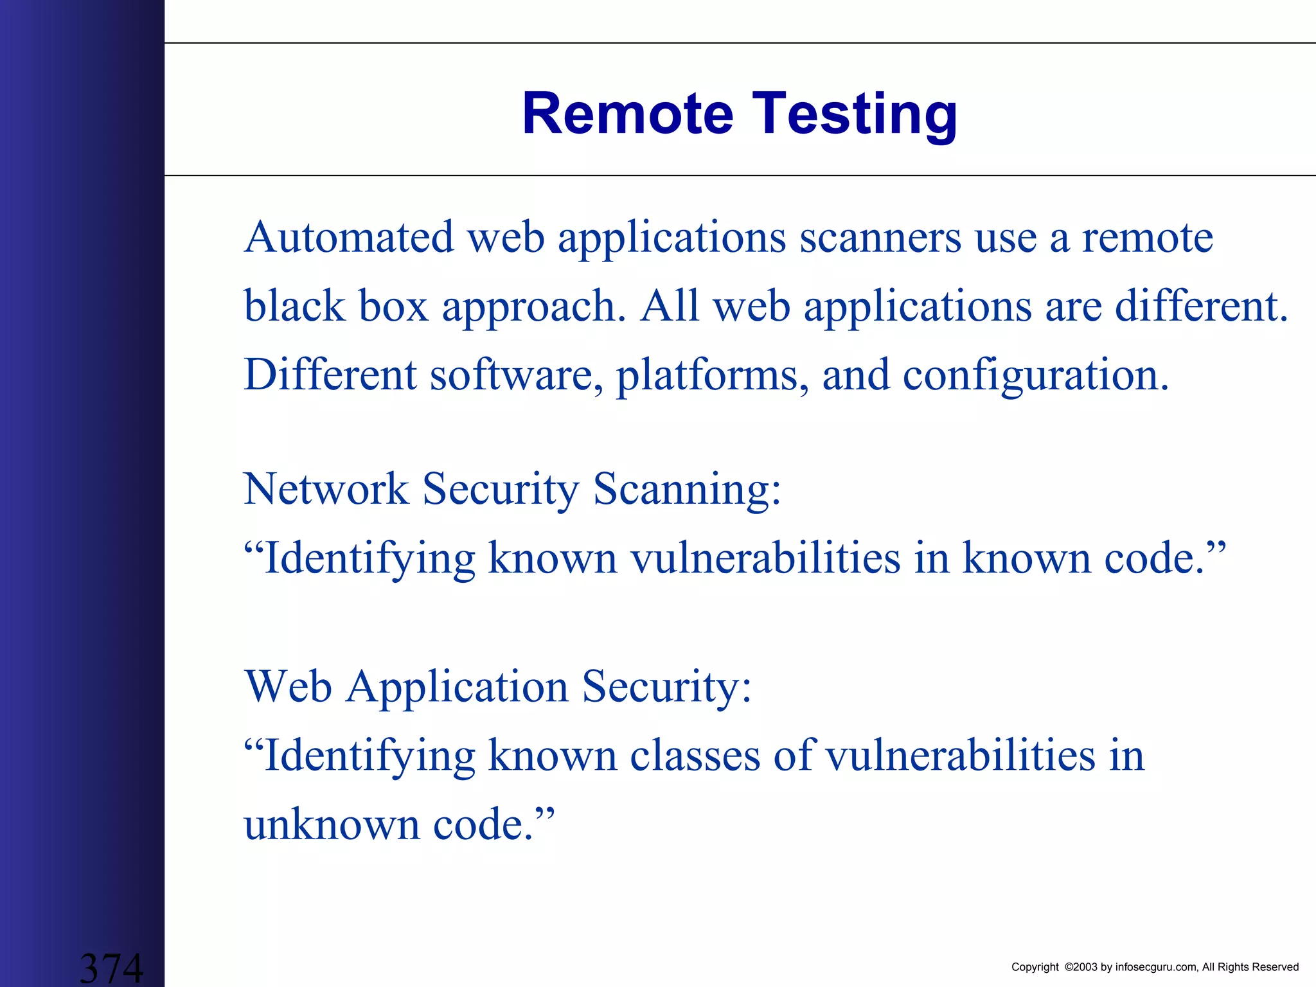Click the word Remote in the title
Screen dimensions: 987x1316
(627, 114)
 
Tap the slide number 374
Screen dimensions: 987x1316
(111, 968)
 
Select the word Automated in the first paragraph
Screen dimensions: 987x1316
(348, 237)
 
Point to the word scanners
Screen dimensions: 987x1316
(880, 238)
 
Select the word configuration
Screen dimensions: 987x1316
(1035, 376)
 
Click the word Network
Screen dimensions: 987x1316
(326, 489)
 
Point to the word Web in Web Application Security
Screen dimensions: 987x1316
(288, 686)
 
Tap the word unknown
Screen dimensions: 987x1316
(332, 824)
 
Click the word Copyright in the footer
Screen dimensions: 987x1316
(1035, 967)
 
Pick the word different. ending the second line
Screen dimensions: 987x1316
(1201, 306)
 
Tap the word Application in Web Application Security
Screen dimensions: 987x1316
(457, 688)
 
